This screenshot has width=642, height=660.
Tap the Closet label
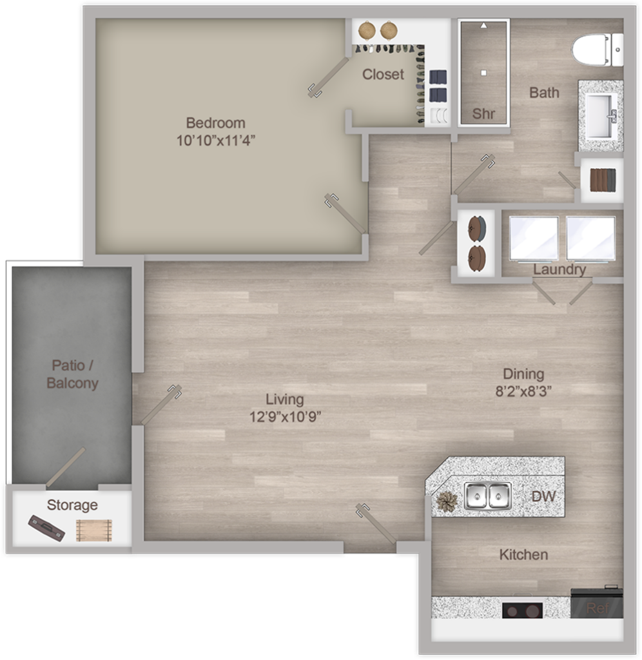(x=383, y=74)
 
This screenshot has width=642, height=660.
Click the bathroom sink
(x=599, y=116)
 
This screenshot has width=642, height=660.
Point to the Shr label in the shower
(x=483, y=113)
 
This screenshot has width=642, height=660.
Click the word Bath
(x=544, y=93)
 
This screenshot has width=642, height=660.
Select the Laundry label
(x=559, y=269)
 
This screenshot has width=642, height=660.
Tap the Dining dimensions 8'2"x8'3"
(x=523, y=391)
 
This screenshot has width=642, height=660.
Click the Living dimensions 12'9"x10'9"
(x=285, y=416)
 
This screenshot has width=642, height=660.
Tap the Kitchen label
(x=523, y=554)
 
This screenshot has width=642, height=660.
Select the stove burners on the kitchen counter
(x=522, y=609)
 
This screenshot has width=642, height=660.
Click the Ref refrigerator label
(x=596, y=608)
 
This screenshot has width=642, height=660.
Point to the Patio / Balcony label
(x=72, y=374)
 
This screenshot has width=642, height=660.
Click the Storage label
(x=72, y=505)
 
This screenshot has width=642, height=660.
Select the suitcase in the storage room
(x=46, y=528)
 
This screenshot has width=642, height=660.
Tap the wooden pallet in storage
(x=94, y=530)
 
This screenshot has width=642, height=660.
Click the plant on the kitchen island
(x=446, y=500)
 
